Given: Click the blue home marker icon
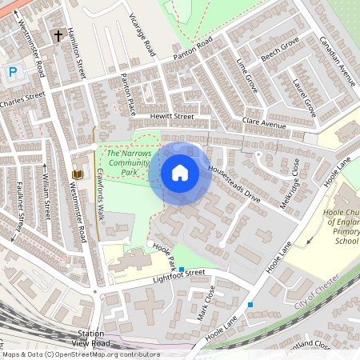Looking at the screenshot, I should (x=180, y=173).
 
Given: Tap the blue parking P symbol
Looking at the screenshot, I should (x=13, y=72).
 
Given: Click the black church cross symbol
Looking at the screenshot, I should (x=58, y=36).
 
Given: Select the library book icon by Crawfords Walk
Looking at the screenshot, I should (x=78, y=174).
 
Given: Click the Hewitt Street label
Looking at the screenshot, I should (x=172, y=116).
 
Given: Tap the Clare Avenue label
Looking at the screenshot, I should (x=264, y=126).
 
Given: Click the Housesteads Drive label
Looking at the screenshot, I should (x=234, y=183).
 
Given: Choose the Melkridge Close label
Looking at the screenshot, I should (x=290, y=184).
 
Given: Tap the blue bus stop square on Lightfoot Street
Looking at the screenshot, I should (x=182, y=269).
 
